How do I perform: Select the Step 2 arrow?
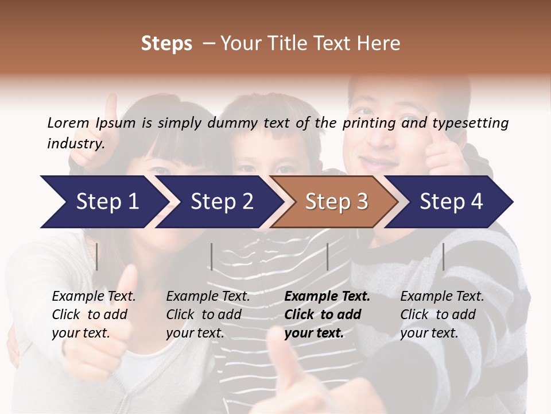pyautogui.click(x=222, y=202)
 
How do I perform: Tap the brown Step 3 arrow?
pyautogui.click(x=336, y=202)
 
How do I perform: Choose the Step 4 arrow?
pyautogui.click(x=451, y=202)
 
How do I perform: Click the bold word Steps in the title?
pyautogui.click(x=166, y=44)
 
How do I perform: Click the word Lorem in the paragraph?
pyautogui.click(x=68, y=122)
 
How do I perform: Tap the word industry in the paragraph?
pyautogui.click(x=75, y=144)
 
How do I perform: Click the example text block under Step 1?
pyautogui.click(x=94, y=315)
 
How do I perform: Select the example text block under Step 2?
pyautogui.click(x=208, y=315)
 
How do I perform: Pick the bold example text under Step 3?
pyautogui.click(x=327, y=315)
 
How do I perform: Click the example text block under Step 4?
pyautogui.click(x=442, y=315)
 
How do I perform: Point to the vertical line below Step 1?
pyautogui.click(x=97, y=257)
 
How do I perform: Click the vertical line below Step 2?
pyautogui.click(x=212, y=257)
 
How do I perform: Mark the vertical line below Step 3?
pyautogui.click(x=327, y=257)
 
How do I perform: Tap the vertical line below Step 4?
pyautogui.click(x=443, y=257)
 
